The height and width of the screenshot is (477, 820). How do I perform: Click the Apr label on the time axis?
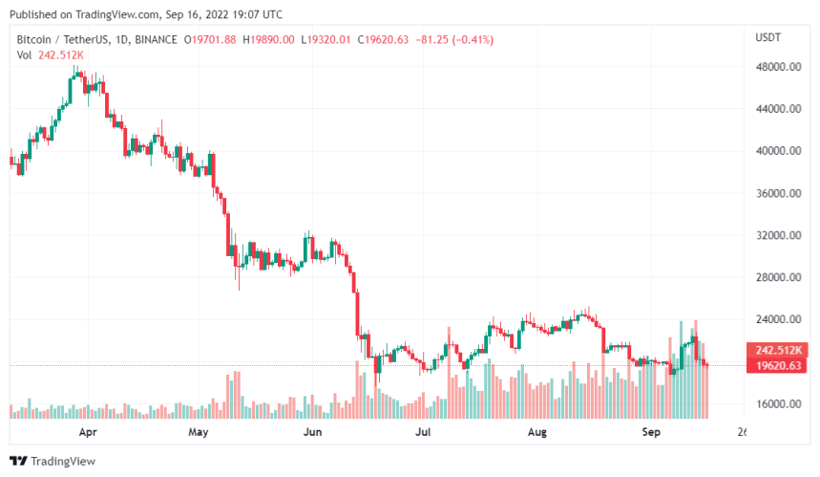(x=88, y=432)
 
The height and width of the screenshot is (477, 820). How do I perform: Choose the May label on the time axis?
(x=198, y=432)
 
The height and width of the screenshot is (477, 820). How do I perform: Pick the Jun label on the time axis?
(x=312, y=432)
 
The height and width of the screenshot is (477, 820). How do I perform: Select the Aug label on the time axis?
(x=536, y=432)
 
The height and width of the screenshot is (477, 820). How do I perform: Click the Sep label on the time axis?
(x=650, y=432)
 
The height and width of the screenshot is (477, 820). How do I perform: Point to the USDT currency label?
(x=768, y=37)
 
